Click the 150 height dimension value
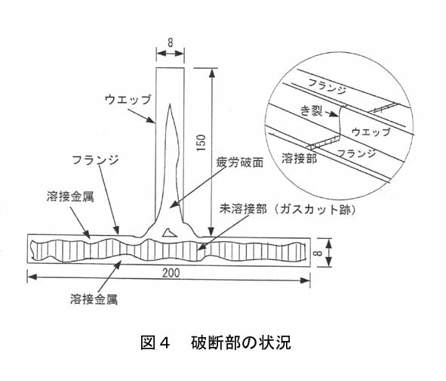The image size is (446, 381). tap(201, 143)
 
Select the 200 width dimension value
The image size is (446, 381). tap(171, 273)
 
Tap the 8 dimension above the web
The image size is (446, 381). tap(170, 43)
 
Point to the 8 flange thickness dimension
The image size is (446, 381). tap(319, 252)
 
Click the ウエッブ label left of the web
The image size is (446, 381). tap(128, 100)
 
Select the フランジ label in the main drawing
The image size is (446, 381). tap(95, 160)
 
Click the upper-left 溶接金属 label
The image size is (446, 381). tap(70, 197)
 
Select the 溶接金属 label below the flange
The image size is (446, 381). tap(94, 299)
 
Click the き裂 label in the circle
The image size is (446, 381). tap(312, 110)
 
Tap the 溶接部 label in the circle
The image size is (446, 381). tap(299, 158)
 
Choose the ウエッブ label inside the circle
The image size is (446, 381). tap(371, 132)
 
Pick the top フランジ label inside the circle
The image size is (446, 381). tap(327, 86)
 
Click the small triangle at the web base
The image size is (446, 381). tap(170, 233)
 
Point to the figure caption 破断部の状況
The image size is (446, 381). tap(241, 342)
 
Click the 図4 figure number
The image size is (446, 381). tap(155, 342)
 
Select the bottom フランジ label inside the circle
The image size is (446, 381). tap(356, 153)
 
